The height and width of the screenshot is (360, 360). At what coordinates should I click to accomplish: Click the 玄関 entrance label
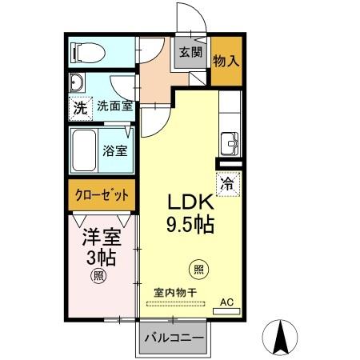[x=190, y=54]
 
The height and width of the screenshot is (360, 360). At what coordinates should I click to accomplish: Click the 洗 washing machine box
[x=79, y=107]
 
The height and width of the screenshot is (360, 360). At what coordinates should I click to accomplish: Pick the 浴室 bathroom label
[x=115, y=150]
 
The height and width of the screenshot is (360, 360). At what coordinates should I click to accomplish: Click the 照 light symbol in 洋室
[x=98, y=277]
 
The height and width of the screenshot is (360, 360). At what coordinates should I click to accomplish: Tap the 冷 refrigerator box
[x=226, y=183]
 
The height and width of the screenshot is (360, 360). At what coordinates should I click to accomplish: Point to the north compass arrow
[x=281, y=336]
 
